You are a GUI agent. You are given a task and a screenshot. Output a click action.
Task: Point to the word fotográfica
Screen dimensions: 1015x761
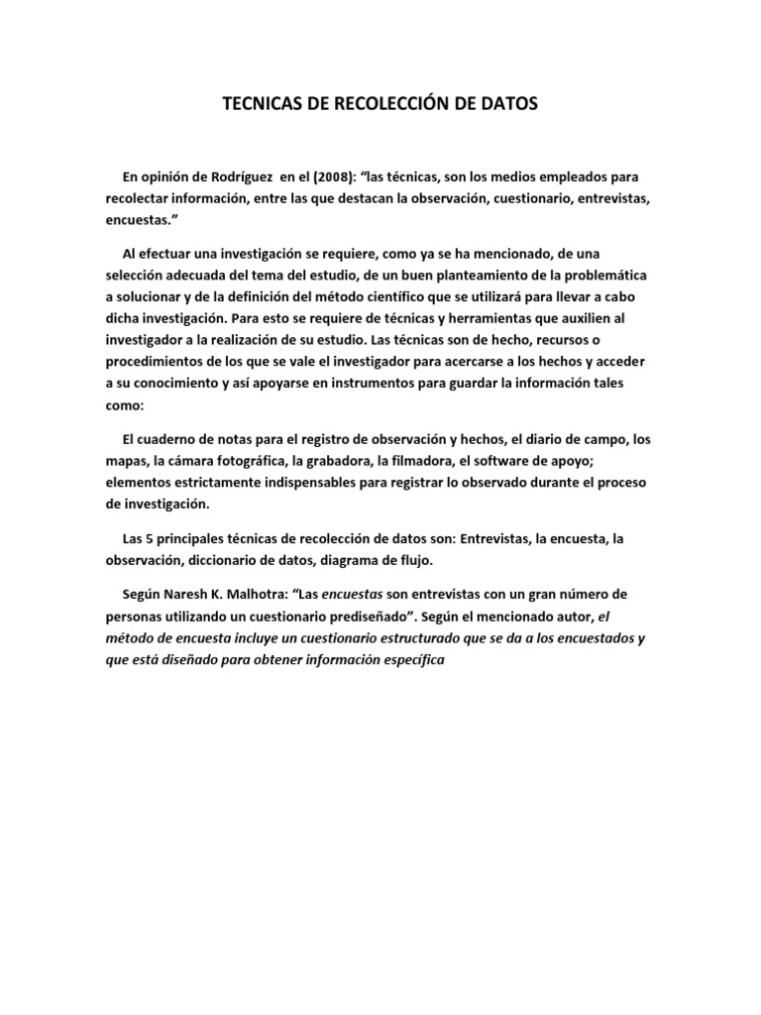point(316,461)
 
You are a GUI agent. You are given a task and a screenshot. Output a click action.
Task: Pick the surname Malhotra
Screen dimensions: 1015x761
point(252,594)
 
